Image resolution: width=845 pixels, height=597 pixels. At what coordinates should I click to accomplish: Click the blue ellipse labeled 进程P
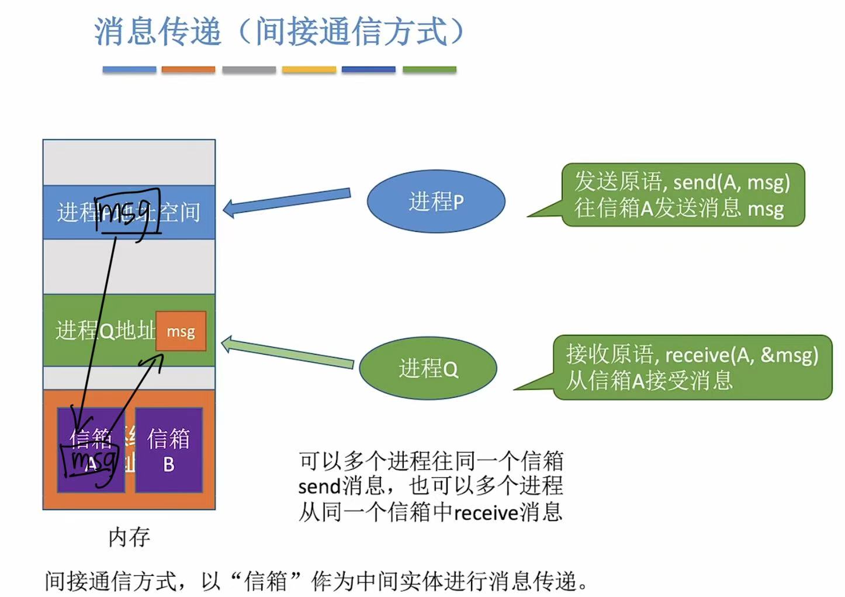(x=435, y=202)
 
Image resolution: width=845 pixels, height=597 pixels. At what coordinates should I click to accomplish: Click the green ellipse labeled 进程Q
(x=428, y=369)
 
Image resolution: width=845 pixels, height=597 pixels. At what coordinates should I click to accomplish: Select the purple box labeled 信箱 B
(x=169, y=450)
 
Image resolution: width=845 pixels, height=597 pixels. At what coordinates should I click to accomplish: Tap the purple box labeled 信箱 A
(x=91, y=450)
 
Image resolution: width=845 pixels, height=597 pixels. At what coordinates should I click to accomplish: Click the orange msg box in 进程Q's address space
(x=181, y=331)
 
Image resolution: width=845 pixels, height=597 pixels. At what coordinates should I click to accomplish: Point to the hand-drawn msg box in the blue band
(x=127, y=211)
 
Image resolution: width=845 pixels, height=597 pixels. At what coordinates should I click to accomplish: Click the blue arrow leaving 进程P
(x=286, y=201)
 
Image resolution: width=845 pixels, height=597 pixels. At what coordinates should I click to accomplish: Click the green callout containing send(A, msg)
(x=682, y=195)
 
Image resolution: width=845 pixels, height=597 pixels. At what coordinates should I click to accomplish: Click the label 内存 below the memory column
(x=129, y=537)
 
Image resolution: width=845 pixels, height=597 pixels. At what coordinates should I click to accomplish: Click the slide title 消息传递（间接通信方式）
(x=279, y=32)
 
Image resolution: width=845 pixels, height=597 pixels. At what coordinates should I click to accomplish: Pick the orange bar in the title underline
(x=188, y=70)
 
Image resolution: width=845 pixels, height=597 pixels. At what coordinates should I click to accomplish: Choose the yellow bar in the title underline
(x=309, y=70)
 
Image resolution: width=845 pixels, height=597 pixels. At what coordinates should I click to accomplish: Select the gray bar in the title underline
(x=249, y=70)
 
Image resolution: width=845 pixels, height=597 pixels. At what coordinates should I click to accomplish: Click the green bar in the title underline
(x=429, y=70)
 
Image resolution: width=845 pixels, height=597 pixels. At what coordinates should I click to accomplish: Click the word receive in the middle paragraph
(x=486, y=513)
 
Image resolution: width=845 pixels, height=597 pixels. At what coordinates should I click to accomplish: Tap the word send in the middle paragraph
(x=319, y=487)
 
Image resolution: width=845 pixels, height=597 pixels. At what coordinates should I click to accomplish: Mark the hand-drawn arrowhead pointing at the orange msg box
(x=156, y=357)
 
